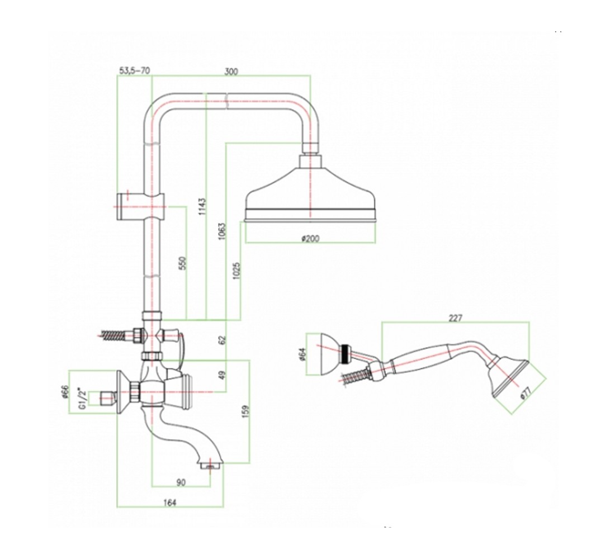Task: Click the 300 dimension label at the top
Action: pos(231,72)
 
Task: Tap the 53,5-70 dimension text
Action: pos(134,71)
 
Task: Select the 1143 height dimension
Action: pos(202,206)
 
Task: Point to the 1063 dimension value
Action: pos(222,231)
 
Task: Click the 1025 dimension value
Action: pos(236,271)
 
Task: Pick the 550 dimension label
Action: pos(182,263)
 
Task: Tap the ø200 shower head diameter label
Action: pos(310,239)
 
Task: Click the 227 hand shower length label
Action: pos(455,318)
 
